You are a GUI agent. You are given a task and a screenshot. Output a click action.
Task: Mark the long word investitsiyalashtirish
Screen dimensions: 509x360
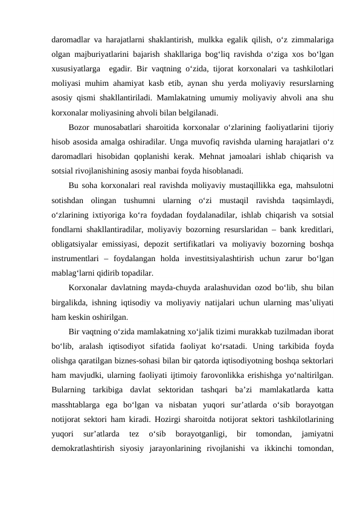coord(204,258)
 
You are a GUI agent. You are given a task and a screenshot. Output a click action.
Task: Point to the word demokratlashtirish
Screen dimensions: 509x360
coord(88,449)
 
